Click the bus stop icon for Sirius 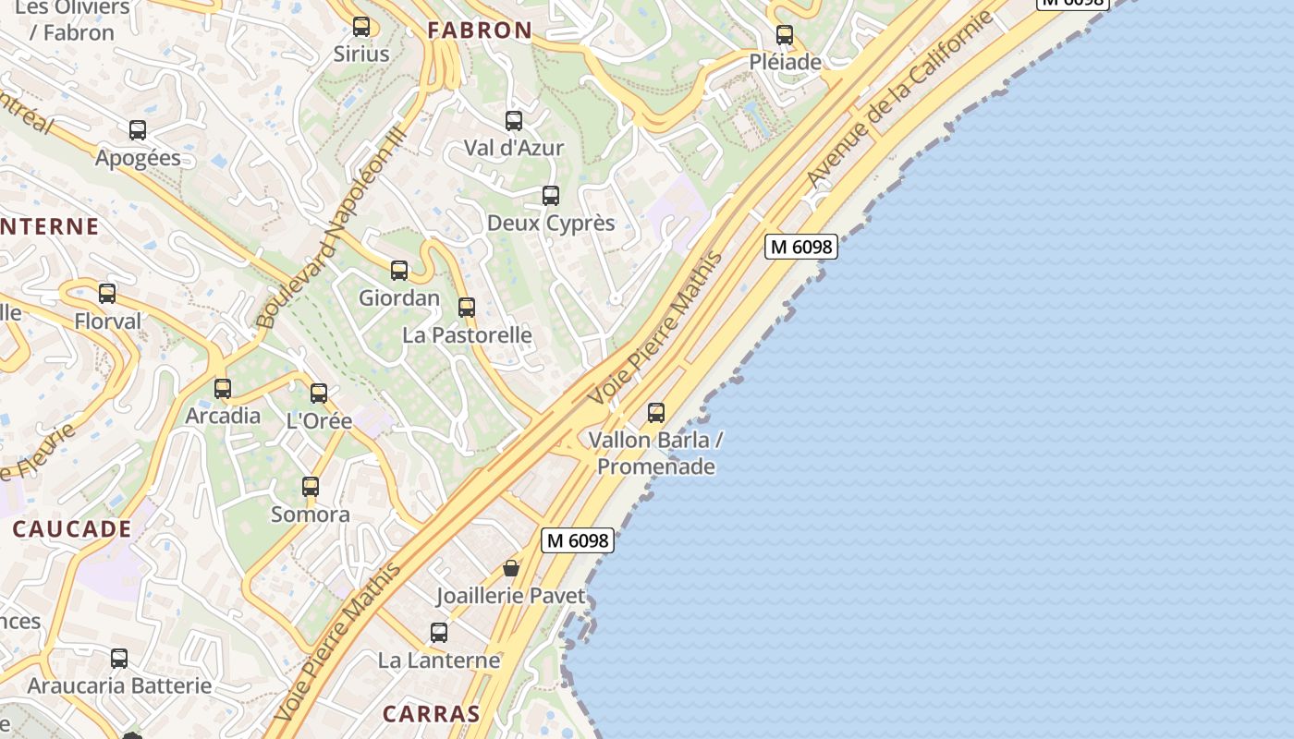pos(361,27)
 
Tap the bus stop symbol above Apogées pos(138,130)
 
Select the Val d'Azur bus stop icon pos(514,121)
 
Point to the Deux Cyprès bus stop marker pos(551,196)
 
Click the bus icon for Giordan pos(399,271)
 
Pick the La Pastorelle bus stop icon pos(467,308)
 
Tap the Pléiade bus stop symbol pos(785,35)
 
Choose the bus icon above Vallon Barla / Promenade pos(656,413)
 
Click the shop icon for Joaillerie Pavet pos(511,568)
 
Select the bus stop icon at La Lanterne pos(439,633)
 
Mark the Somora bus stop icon pos(311,487)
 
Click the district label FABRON pos(480,30)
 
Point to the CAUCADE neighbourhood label pos(72,529)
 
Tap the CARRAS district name pos(432,714)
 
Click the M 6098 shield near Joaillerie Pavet pos(578,540)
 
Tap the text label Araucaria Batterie pos(119,686)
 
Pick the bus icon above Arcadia pos(223,389)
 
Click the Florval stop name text pos(108,322)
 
